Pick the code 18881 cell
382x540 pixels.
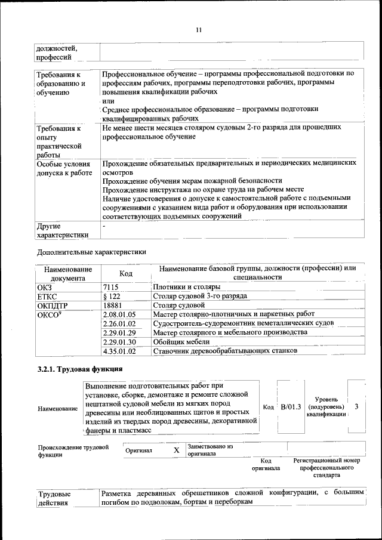(112, 304)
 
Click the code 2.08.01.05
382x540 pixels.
(119, 314)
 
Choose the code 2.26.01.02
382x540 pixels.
(119, 323)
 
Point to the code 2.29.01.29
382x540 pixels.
(119, 332)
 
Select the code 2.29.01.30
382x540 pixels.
(119, 341)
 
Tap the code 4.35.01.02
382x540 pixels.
(119, 351)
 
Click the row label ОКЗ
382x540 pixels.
(45, 287)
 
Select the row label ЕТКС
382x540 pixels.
(47, 295)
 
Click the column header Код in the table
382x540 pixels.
(125, 273)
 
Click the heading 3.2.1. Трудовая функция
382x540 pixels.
(80, 369)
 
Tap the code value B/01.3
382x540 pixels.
(291, 406)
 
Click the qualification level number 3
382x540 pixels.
(356, 406)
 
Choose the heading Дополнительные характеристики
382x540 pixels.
(91, 252)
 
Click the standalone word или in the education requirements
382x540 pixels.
(108, 101)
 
